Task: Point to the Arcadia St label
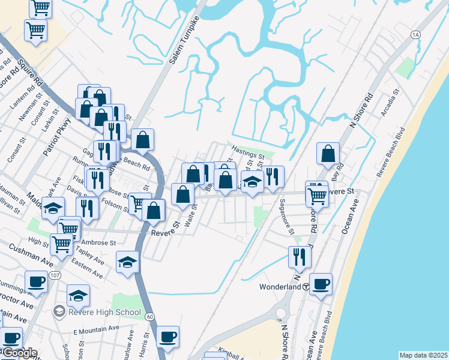point(389,104)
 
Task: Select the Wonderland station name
point(280,287)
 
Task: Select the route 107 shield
point(55,275)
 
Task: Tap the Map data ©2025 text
point(423,355)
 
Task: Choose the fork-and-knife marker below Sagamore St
point(298,256)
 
